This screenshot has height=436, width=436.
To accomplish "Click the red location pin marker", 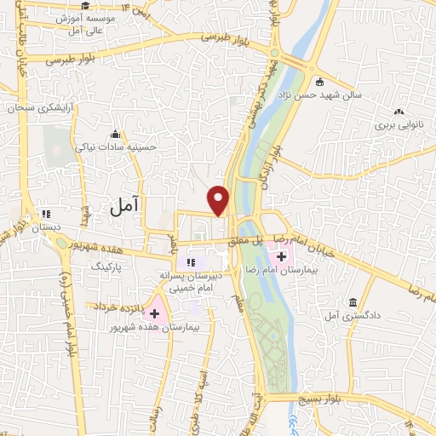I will [219, 199].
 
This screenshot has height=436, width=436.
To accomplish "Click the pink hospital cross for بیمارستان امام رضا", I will [280, 255].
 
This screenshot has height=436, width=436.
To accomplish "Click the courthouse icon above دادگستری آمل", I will [352, 303].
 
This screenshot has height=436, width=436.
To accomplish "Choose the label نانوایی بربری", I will [399, 124].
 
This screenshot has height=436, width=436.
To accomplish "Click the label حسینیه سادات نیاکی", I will [117, 146].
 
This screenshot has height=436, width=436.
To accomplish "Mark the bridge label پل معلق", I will [252, 243].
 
